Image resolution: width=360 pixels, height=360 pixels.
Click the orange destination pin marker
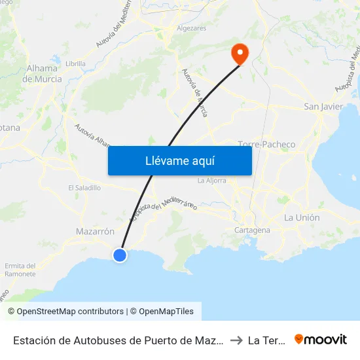(x=240, y=53)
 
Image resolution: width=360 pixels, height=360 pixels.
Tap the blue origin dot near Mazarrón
(x=120, y=255)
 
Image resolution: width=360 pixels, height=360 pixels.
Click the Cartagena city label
(x=252, y=230)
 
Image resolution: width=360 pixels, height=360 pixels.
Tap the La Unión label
(x=302, y=217)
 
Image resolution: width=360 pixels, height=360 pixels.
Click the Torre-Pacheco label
(x=266, y=144)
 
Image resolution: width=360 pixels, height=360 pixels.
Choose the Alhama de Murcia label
(x=43, y=73)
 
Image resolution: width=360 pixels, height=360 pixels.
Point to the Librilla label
(x=76, y=63)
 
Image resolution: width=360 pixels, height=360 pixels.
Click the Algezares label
(x=192, y=29)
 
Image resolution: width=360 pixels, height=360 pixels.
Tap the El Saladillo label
(x=84, y=187)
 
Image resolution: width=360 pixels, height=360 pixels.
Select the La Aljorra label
(x=211, y=180)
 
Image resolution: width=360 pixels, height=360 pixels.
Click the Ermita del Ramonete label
(x=20, y=270)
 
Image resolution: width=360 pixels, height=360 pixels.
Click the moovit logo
(x=321, y=339)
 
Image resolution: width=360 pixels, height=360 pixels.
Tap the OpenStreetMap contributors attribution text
(x=65, y=312)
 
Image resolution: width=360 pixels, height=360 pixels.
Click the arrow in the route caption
(x=236, y=340)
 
